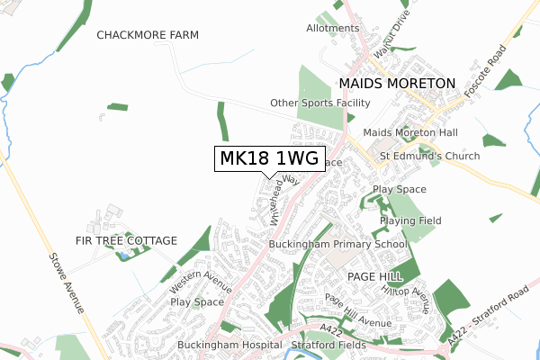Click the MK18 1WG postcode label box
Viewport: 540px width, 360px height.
click(x=268, y=159)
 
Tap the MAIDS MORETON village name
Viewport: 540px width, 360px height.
click(x=398, y=83)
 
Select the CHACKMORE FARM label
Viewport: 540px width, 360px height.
click(x=148, y=34)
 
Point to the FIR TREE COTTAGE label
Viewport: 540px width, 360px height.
click(x=127, y=241)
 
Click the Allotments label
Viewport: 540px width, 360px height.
click(x=332, y=29)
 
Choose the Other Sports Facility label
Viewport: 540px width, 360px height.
click(x=320, y=103)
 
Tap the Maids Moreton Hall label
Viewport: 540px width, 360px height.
click(x=410, y=133)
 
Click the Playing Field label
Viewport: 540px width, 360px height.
click(x=409, y=220)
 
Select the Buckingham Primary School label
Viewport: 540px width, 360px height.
click(x=338, y=244)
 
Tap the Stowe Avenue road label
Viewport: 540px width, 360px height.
click(x=68, y=283)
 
